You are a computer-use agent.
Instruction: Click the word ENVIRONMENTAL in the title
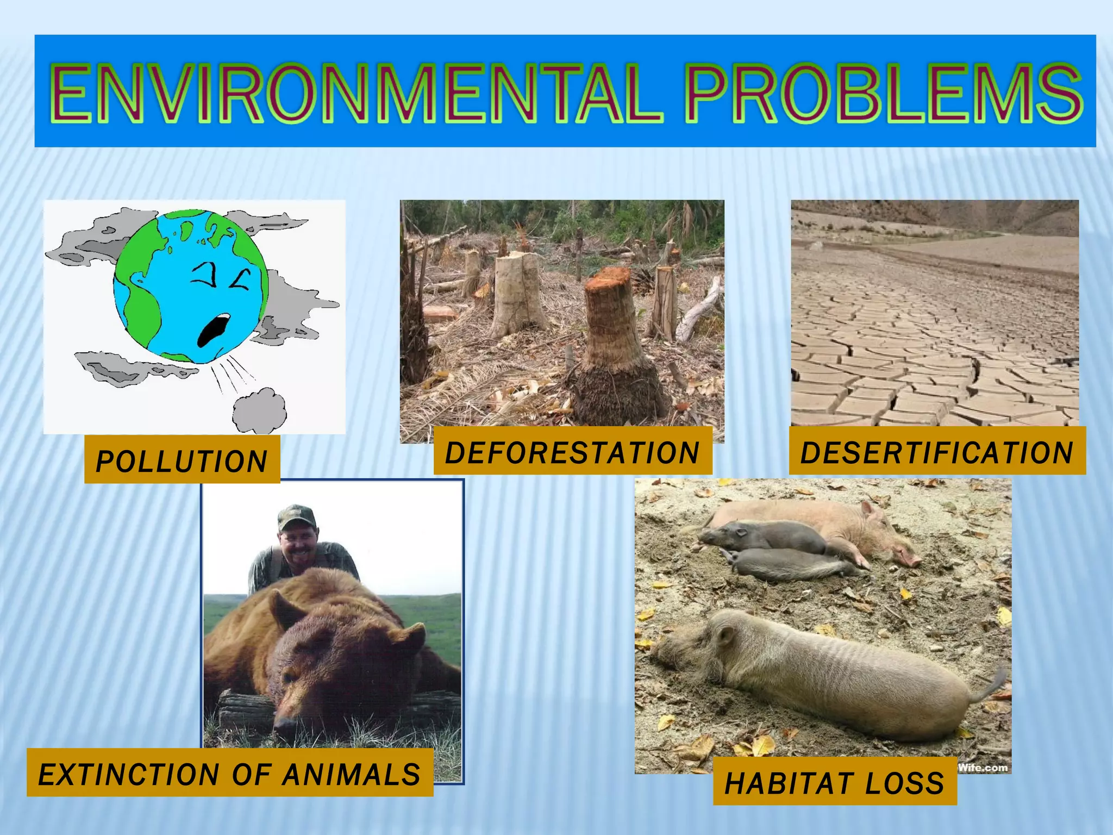click(x=356, y=94)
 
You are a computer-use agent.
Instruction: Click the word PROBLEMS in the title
click(x=883, y=94)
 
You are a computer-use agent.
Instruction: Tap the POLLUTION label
click(x=182, y=461)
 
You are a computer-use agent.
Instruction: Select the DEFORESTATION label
click(x=572, y=453)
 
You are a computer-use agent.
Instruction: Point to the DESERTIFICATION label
click(x=937, y=453)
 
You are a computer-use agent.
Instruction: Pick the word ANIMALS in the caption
click(x=352, y=774)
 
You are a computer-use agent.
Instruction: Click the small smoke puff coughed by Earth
click(x=260, y=410)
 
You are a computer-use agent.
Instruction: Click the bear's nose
click(x=283, y=726)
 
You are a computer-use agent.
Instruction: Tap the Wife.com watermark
click(x=982, y=768)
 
